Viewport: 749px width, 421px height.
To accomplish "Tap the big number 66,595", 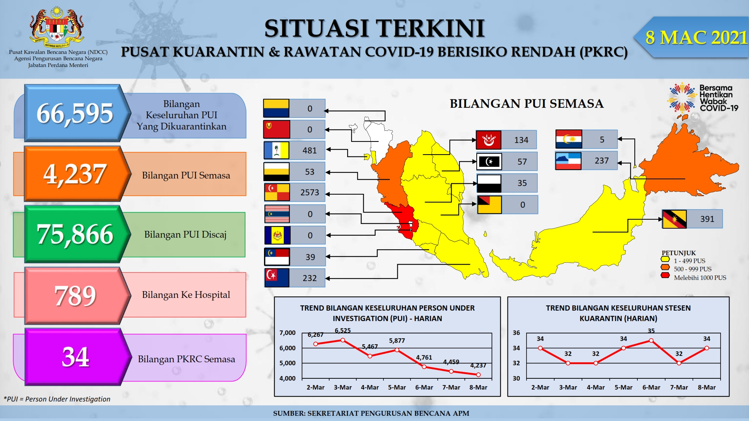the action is (75, 113).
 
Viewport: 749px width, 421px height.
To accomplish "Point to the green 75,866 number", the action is (75, 234).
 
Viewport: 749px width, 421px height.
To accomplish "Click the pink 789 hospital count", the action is (75, 295).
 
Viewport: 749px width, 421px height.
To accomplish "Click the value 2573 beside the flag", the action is (310, 192).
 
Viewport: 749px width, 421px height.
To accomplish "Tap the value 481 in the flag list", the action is (310, 150).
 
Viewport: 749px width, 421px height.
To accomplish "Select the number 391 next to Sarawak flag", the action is (707, 219).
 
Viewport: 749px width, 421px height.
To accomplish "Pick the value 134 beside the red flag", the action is (521, 140).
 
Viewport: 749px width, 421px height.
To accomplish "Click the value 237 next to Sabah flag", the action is (602, 161).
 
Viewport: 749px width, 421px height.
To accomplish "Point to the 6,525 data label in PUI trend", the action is (343, 330).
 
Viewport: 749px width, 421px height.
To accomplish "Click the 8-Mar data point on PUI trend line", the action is (478, 374).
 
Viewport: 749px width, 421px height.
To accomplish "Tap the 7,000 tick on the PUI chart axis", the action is (287, 333).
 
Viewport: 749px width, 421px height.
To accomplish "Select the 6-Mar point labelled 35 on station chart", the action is (651, 341).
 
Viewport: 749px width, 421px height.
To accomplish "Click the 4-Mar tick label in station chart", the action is (595, 387).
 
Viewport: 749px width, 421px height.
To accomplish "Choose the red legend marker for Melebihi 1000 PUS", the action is (665, 276).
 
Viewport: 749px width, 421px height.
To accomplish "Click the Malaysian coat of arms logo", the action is (57, 26).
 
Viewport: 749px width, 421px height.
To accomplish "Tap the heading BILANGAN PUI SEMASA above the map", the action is (527, 104).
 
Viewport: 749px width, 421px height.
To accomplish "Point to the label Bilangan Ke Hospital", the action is (186, 295).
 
